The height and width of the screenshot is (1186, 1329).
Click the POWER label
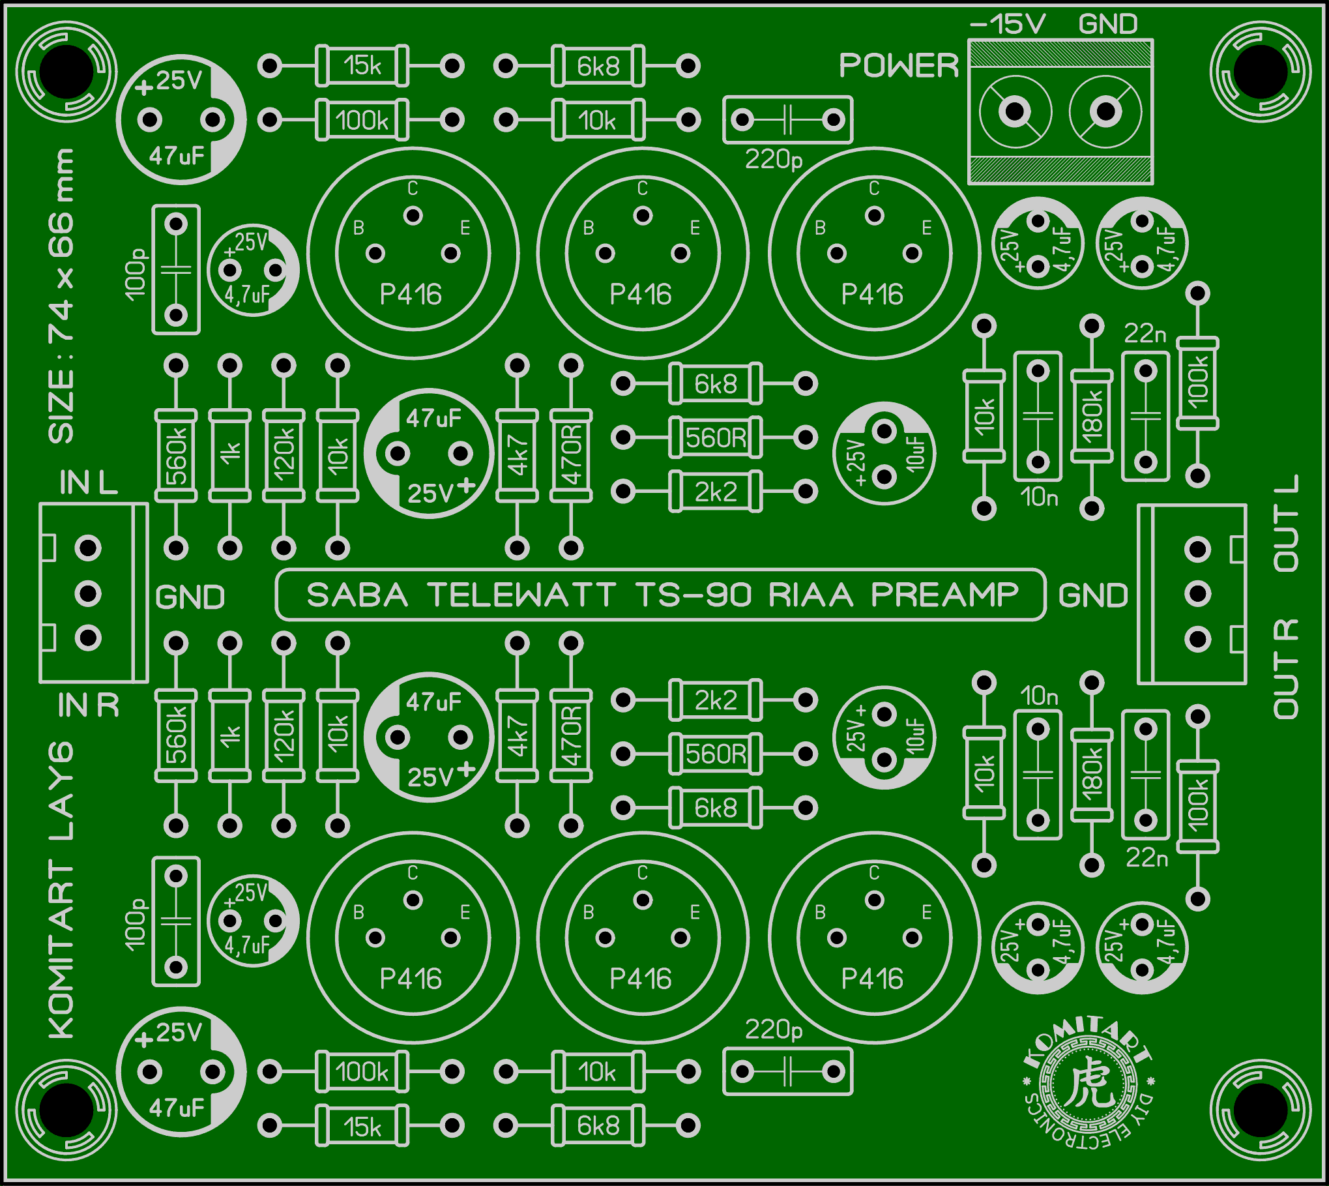(898, 65)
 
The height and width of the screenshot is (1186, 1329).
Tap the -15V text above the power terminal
(1007, 25)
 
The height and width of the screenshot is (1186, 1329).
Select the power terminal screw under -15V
(1015, 111)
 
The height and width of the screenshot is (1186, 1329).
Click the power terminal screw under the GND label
(1105, 111)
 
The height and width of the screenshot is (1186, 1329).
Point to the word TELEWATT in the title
(521, 595)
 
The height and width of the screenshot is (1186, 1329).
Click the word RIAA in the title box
(810, 595)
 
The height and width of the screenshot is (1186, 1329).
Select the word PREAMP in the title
(944, 595)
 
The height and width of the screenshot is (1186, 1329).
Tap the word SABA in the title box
(357, 595)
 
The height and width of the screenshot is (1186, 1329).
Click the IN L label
(88, 483)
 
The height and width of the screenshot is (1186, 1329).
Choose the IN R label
(89, 705)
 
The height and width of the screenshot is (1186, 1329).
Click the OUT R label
(1285, 669)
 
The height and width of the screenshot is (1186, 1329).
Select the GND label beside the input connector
(190, 597)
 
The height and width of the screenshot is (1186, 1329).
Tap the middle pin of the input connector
(88, 593)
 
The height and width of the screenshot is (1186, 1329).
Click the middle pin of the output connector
(1197, 594)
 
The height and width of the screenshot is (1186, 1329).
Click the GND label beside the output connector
(1093, 595)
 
